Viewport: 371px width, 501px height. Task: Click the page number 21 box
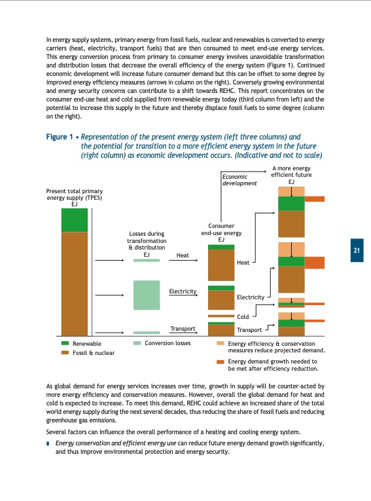click(357, 250)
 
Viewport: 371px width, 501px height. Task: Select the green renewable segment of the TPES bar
click(74, 220)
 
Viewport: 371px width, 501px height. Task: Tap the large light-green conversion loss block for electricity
click(147, 295)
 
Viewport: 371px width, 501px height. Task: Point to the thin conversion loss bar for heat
click(147, 260)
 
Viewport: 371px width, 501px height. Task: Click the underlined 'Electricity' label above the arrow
click(183, 290)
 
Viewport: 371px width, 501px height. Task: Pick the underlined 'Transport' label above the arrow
click(183, 328)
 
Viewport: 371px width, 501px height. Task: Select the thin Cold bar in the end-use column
click(221, 316)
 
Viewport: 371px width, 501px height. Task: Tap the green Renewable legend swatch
click(65, 343)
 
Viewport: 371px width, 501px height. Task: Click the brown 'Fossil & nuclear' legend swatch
click(65, 352)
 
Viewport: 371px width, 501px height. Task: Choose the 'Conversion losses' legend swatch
click(137, 343)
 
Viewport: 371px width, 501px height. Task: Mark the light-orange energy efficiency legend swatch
click(221, 343)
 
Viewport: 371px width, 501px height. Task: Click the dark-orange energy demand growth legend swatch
click(221, 361)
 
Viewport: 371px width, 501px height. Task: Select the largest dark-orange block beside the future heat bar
click(315, 263)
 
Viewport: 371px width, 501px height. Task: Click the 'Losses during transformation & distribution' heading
click(147, 241)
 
